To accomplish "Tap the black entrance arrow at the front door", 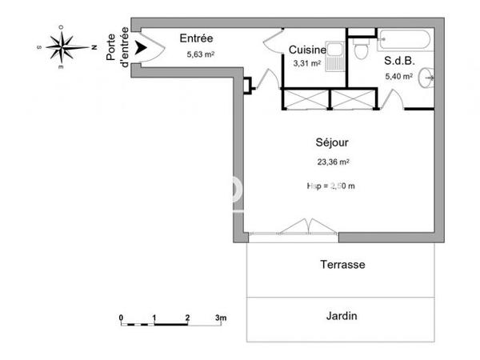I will click(142, 49).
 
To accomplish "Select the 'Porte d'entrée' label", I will click(123, 47).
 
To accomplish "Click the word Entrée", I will click(196, 38).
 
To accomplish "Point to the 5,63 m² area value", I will click(201, 55).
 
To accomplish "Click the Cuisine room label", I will click(306, 49).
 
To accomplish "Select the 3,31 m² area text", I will click(306, 63).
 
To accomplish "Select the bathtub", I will click(407, 39).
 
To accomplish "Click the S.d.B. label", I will click(398, 60).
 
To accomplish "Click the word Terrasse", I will click(342, 265).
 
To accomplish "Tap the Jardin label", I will click(342, 315).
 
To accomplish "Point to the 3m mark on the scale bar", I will click(221, 318).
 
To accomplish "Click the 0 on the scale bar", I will click(122, 318).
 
